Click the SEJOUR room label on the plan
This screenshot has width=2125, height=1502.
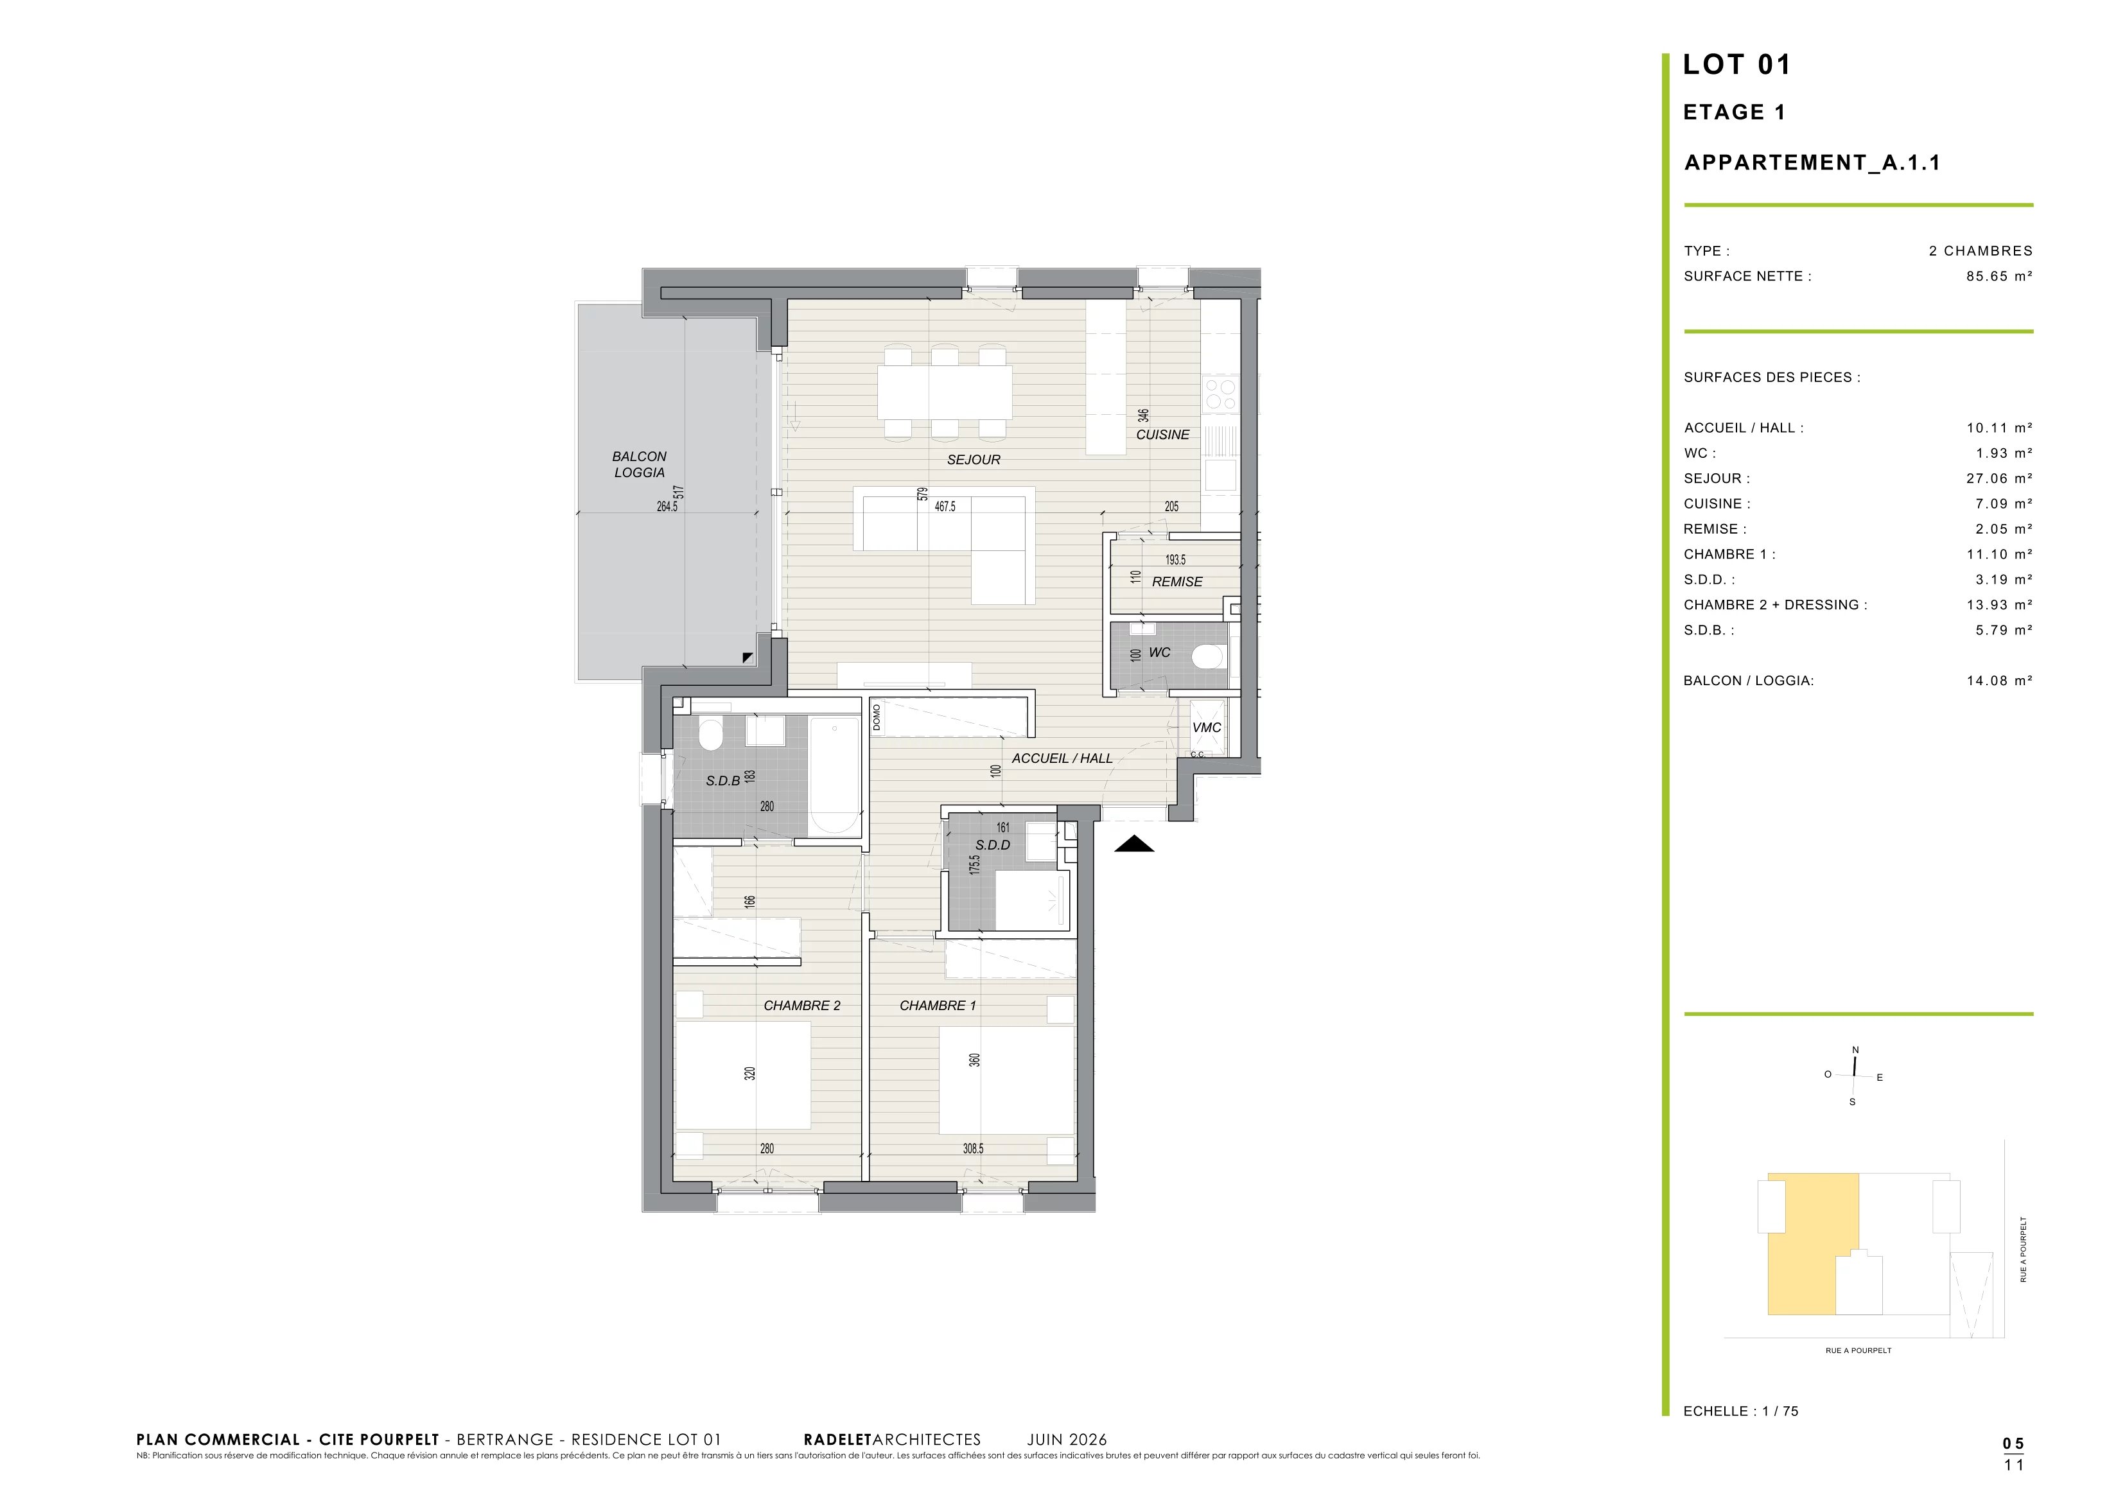point(974,460)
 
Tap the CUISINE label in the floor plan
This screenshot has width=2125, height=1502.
point(1162,435)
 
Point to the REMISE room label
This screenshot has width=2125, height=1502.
point(1177,582)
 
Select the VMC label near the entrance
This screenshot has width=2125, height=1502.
point(1207,728)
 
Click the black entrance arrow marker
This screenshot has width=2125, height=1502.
point(1133,844)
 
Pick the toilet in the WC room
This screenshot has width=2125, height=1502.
point(1208,657)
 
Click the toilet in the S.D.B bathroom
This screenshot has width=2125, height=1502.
point(710,735)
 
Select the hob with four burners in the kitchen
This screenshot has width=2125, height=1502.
point(1221,394)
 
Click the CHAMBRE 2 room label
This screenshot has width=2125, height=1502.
point(801,1006)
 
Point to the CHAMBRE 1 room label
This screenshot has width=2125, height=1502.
point(938,1006)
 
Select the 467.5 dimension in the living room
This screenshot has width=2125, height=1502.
point(945,507)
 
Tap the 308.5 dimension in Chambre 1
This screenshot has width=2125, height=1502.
point(973,1149)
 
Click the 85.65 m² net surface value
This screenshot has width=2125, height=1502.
point(1999,275)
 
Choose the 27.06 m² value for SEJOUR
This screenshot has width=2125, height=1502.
point(1999,478)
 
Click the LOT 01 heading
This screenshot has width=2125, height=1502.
point(1736,65)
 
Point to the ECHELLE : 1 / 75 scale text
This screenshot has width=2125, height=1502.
point(1741,1411)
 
